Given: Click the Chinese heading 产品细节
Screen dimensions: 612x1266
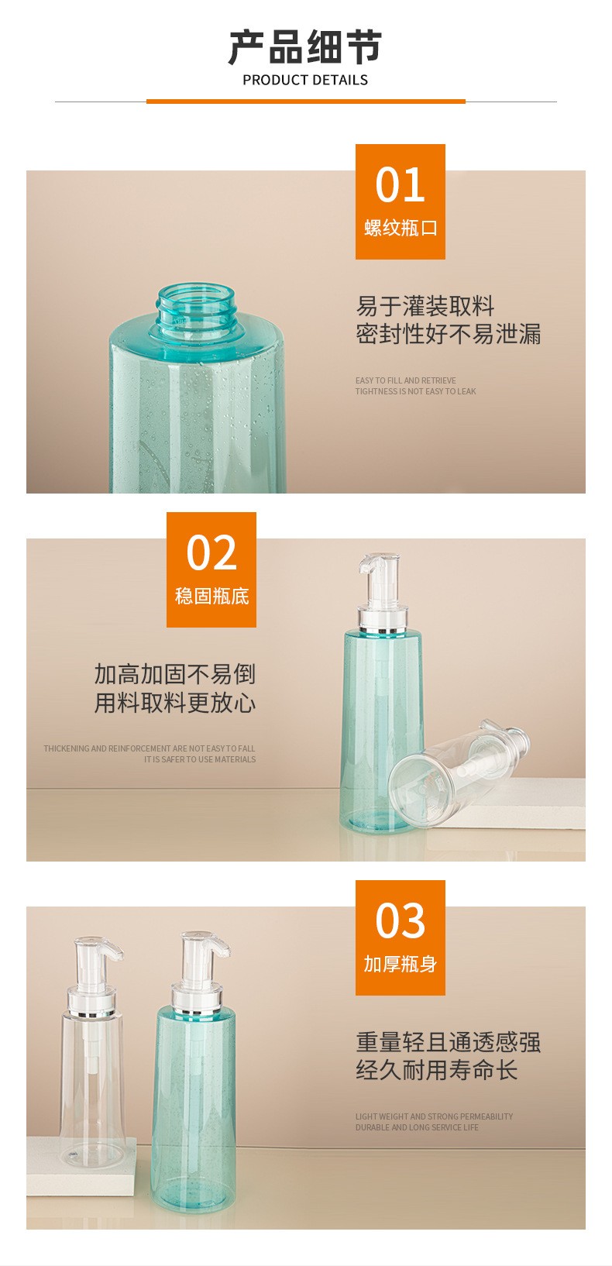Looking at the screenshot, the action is pos(305,47).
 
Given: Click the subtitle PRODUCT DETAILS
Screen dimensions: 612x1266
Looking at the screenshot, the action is pos(305,81).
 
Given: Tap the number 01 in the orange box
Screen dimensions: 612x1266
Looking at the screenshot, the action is pos(400,185).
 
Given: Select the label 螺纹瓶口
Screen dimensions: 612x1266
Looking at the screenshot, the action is pos(400,228).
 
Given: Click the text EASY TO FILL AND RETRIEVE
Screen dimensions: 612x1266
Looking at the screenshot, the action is pos(406,380).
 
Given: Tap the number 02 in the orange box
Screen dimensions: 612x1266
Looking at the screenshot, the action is pos(211,552).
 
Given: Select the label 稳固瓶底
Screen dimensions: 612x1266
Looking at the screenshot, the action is pos(211,596).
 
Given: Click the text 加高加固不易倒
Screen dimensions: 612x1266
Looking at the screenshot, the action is pos(174,674).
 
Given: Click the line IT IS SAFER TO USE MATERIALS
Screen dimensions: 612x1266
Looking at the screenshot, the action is pos(200,759).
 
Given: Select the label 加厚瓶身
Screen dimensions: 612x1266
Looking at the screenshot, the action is pos(400,964).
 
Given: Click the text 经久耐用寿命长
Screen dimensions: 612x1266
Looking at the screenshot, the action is pos(436,1070).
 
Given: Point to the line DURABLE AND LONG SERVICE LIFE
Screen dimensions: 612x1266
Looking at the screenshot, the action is pos(417,1127).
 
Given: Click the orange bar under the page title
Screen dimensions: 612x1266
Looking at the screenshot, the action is pos(306,101).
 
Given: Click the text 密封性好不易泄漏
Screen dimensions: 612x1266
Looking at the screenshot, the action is pos(448,334).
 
